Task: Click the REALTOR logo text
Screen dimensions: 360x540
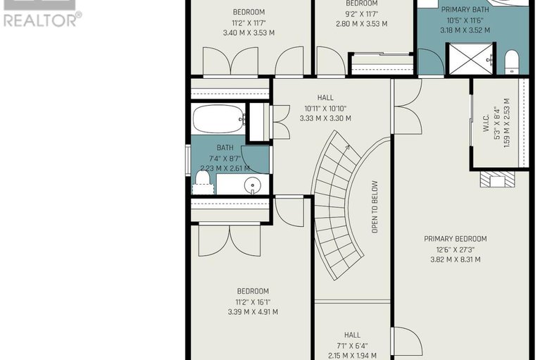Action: coord(42,20)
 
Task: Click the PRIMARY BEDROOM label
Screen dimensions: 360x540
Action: coord(455,239)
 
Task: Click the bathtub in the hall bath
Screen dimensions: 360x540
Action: coord(218,120)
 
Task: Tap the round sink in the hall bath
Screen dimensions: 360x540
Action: coord(253,186)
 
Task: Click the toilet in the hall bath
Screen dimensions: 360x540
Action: coord(203,183)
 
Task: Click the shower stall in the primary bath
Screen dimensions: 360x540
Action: coord(471,59)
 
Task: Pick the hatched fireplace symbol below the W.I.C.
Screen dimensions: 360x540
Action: coord(498,180)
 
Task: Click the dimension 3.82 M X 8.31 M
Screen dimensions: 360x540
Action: coord(455,259)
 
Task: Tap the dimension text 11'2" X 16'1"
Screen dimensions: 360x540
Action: coord(252,302)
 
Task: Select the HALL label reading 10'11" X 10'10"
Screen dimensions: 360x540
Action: coord(325,98)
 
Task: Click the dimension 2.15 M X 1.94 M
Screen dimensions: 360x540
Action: coord(352,356)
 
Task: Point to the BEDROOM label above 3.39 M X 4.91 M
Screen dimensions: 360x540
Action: coord(252,291)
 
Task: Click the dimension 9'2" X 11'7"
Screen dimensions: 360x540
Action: coord(362,13)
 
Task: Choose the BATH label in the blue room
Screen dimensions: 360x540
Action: coord(225,147)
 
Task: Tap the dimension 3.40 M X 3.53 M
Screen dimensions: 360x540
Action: coord(249,32)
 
